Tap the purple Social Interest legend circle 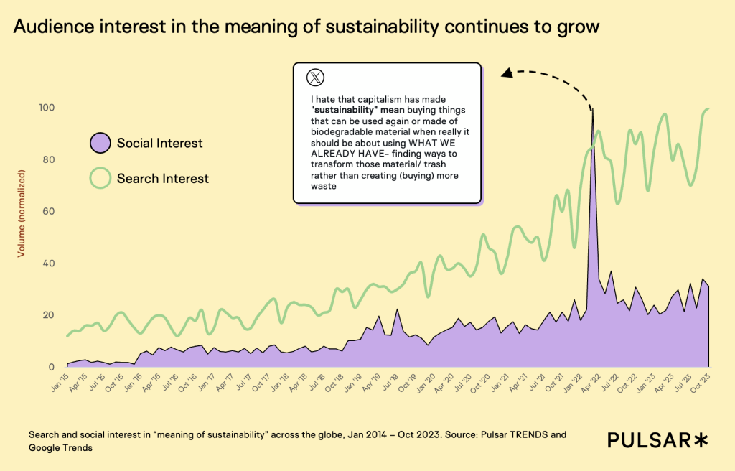coord(100,143)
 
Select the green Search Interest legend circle coord(100,177)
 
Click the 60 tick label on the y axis coord(50,212)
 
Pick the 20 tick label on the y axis coord(50,315)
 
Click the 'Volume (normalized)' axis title coord(22,213)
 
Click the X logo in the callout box coord(314,78)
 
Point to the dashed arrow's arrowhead coord(505,72)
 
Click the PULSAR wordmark coord(649,440)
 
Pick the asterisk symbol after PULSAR coord(701,440)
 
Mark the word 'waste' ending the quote coord(324,186)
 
